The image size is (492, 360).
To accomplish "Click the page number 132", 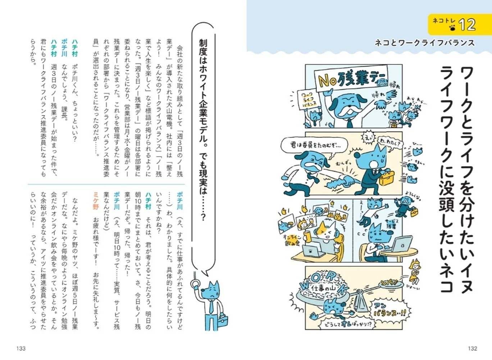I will [x=472, y=348].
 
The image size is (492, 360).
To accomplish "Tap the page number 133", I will [x=21, y=348].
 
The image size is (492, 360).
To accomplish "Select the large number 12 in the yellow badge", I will [x=467, y=25].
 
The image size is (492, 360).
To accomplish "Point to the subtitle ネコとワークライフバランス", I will [x=424, y=43].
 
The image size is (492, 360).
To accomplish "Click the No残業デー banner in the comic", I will [x=351, y=78].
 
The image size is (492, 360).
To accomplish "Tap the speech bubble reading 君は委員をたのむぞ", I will [x=314, y=145].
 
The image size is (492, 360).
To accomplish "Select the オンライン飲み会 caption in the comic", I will [x=292, y=240].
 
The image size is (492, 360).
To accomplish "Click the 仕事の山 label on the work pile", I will [x=322, y=288].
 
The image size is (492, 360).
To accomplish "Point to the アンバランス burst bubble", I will [x=389, y=310].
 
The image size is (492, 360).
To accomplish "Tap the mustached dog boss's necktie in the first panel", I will [x=349, y=123].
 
